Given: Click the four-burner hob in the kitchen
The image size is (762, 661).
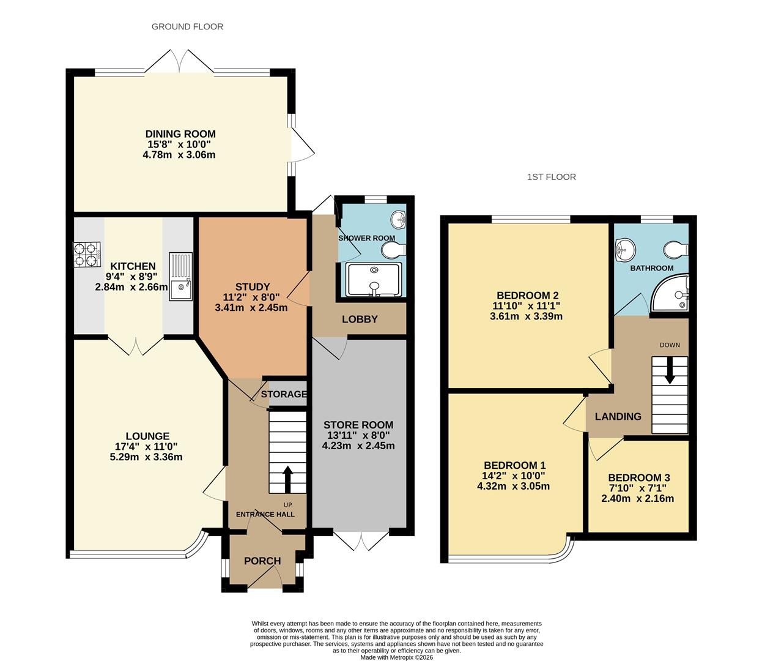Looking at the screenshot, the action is pos(87,255).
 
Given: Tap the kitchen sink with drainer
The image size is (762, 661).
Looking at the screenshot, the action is pos(180,276).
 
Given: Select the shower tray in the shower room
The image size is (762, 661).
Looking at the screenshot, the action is pos(374,280).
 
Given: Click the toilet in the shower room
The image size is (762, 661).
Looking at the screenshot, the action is pos(393,251).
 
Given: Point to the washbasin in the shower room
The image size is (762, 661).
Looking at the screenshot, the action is pos(398,219).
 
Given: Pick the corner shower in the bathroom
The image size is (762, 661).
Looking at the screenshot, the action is pos(670,292).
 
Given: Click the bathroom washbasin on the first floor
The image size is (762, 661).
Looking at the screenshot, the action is pos(625,248).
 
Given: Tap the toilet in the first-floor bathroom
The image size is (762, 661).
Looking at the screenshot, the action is pos(676,250).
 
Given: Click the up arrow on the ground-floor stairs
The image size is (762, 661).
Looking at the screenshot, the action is pos(287,479).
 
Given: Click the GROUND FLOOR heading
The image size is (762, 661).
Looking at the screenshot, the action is pos(187,27).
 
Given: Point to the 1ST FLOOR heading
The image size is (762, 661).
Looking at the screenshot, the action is pos(552,177).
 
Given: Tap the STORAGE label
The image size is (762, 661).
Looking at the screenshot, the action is pos(284,394).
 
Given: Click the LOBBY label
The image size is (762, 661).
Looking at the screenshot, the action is pos(360,319).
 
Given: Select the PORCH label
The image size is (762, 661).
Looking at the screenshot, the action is pos(262,561).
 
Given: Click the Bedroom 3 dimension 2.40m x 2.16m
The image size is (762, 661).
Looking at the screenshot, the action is pos(638,499).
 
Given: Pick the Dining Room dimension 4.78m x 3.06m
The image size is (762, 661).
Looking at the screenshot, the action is pos(179,155).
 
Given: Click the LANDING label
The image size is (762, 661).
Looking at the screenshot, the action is pos(618,416).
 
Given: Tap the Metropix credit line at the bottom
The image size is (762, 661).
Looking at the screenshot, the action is pos(397,657).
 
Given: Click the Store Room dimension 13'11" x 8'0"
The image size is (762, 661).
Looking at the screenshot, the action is pos(358,435).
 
